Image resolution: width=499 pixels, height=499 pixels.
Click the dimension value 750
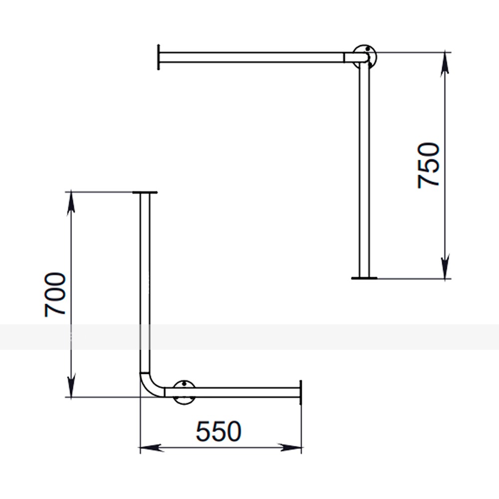pos(428,166)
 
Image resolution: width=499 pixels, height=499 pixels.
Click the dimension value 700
pos(55,294)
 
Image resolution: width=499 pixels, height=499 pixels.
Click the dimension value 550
pos(219,431)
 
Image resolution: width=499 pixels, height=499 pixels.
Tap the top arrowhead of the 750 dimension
pos(445,64)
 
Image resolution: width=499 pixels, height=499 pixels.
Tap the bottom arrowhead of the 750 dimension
pos(445,266)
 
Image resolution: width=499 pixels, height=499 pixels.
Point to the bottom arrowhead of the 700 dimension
pos(71,386)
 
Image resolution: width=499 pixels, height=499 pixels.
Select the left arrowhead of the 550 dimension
pos(152,448)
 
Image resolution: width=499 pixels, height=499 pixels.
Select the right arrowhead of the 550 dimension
pos(289,448)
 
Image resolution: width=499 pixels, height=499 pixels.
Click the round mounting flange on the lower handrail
pos(184,392)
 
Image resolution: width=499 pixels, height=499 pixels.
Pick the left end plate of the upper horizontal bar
pos(159,57)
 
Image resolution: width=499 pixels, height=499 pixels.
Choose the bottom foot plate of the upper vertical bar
pos(364,278)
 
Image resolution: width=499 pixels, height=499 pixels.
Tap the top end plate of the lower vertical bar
pos(145,193)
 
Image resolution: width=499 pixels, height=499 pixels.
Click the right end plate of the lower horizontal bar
pos(300,392)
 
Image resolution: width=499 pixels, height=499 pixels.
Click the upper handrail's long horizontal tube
pos(251,57)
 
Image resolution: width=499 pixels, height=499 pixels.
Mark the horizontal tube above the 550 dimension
pos(232,392)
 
